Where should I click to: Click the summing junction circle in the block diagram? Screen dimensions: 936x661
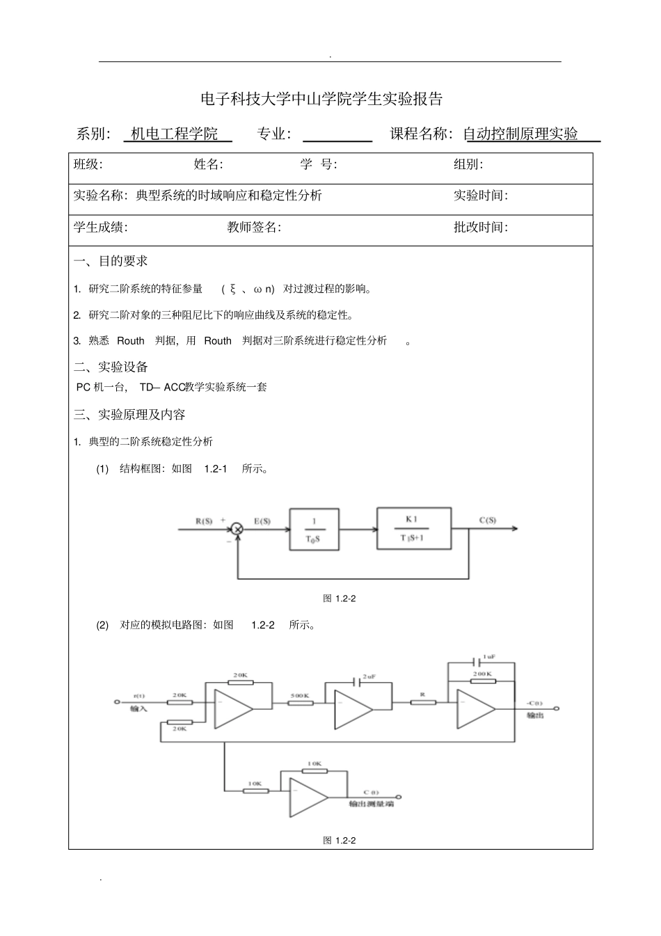[237, 530]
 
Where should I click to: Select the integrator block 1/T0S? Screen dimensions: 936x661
[314, 530]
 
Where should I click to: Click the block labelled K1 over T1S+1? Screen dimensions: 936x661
[413, 529]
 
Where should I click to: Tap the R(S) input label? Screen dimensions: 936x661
[203, 521]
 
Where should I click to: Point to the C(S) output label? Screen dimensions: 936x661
[488, 520]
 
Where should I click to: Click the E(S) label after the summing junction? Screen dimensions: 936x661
[262, 521]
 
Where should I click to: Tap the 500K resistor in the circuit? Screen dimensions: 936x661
[301, 703]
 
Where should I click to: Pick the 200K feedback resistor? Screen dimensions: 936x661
[482, 682]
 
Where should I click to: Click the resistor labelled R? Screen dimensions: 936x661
[422, 703]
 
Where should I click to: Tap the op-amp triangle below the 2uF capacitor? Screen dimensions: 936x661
[353, 709]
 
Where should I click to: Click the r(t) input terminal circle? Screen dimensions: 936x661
[117, 701]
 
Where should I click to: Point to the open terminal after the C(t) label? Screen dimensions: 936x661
[398, 797]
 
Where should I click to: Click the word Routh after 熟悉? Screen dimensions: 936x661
[131, 341]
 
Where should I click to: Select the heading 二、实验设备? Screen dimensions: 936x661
[111, 367]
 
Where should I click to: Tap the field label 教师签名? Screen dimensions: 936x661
[254, 227]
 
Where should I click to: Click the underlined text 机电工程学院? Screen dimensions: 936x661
[175, 134]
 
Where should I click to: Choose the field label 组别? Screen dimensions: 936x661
[468, 164]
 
